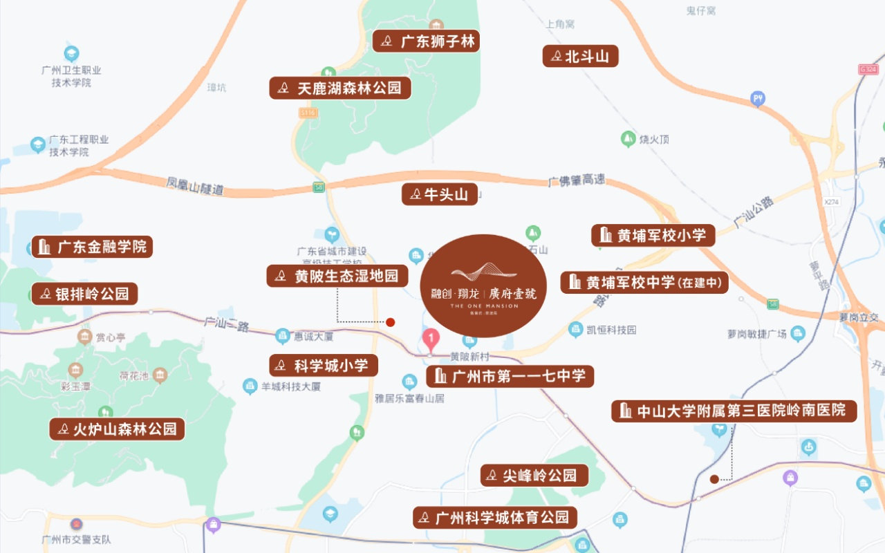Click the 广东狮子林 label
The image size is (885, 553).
[426, 41]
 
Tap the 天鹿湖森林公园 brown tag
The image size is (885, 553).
[340, 88]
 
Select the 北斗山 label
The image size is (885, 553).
[580, 57]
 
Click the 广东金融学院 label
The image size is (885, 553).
[92, 247]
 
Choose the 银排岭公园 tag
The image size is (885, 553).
[84, 294]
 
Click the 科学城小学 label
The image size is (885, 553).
[324, 366]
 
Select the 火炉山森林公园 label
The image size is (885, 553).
[117, 429]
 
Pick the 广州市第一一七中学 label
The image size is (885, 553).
[510, 377]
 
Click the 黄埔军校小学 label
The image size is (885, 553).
[653, 235]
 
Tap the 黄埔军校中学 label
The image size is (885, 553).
[644, 282]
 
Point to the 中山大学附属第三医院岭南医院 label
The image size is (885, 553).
[734, 411]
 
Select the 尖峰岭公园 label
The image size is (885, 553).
[534, 476]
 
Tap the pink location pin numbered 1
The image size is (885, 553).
[431, 339]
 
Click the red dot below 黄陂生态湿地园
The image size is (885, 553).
[390, 322]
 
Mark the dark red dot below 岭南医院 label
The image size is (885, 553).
[714, 478]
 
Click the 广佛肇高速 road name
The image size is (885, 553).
[576, 180]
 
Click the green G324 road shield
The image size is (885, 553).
[868, 69]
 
